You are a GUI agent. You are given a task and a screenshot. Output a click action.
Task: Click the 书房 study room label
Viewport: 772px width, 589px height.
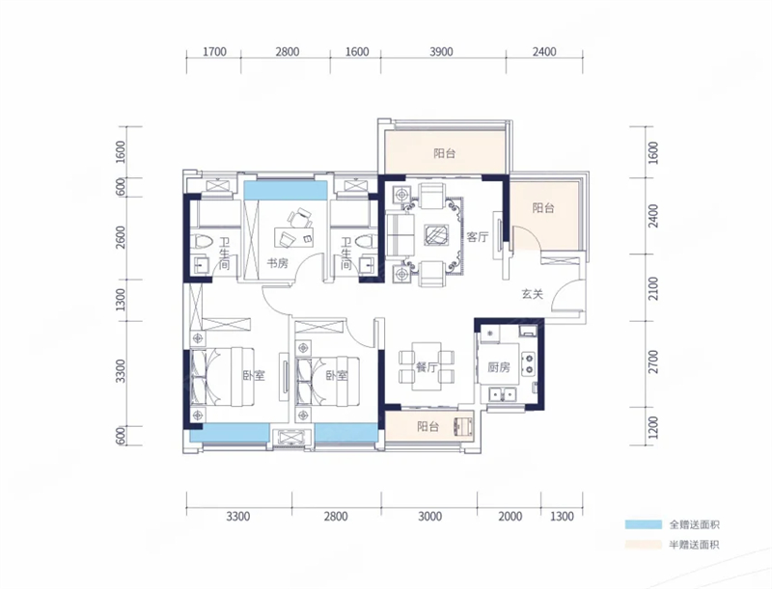coord(277,263)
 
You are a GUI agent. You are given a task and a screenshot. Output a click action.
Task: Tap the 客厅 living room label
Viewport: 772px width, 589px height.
coord(477,237)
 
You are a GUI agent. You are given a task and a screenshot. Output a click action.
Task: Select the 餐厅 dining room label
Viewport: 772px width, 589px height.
coord(427,366)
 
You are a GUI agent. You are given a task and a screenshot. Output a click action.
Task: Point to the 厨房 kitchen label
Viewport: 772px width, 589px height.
coord(499,367)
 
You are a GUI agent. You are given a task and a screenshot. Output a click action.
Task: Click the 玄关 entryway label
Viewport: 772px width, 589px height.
coord(533,295)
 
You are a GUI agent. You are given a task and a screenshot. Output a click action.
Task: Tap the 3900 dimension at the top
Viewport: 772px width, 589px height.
coord(441,52)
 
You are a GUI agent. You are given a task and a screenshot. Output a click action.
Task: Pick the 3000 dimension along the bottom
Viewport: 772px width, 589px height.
coord(429,517)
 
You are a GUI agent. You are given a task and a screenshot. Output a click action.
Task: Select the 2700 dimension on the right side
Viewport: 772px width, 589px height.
coord(653,361)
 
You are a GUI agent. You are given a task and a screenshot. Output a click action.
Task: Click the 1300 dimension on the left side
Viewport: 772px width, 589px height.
coord(120,300)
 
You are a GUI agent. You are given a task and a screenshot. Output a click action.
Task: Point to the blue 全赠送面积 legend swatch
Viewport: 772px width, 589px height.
coord(644,524)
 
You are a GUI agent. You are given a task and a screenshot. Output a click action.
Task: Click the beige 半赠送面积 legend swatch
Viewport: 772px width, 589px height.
coord(644,545)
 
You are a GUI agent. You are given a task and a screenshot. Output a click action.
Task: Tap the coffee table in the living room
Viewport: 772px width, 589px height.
coord(437,234)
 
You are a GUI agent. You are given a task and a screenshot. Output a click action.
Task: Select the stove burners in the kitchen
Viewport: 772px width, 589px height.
coord(528,363)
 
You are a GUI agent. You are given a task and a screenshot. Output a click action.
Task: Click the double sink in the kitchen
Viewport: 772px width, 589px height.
coord(502,394)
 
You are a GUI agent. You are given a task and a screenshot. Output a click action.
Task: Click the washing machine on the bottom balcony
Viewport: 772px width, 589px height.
coord(462,426)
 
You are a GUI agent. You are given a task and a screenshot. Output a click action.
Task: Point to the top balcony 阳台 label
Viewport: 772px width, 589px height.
coord(445,153)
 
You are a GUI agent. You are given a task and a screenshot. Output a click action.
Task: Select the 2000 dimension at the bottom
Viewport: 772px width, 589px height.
coord(510,517)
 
